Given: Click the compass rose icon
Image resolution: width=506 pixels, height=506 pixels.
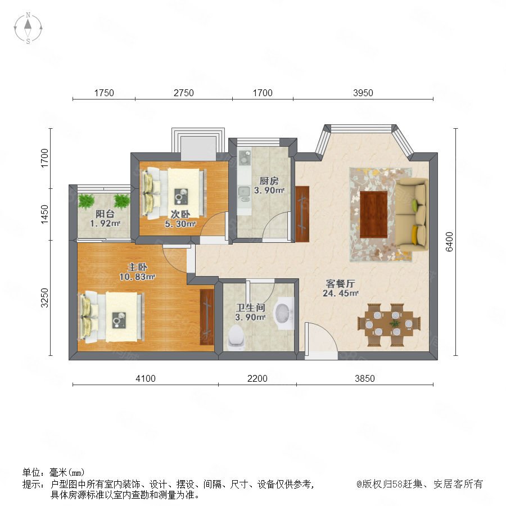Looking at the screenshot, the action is click(x=28, y=28).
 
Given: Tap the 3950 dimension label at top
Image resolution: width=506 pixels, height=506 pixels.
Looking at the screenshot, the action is click(x=363, y=93).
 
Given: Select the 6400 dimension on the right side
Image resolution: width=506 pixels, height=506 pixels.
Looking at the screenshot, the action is click(x=449, y=242).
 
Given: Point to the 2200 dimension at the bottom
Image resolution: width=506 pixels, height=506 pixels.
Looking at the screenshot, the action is click(x=257, y=378).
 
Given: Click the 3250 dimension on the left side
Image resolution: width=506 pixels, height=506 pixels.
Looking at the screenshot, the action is click(x=44, y=297).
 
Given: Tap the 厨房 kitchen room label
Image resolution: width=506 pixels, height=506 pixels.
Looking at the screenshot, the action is click(x=269, y=180).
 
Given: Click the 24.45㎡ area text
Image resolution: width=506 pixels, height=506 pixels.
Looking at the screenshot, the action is click(x=341, y=293).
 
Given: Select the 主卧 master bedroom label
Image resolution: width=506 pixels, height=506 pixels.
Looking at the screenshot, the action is click(x=138, y=267).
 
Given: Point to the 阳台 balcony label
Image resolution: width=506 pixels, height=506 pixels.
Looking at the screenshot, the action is click(x=105, y=214).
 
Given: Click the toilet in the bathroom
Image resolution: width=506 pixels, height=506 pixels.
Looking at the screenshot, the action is click(x=236, y=337).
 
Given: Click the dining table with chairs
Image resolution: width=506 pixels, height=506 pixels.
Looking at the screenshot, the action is click(x=389, y=324).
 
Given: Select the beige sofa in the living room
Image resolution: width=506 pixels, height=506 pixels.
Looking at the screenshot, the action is click(x=412, y=215).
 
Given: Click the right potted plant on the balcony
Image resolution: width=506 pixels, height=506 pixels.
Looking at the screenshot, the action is click(x=122, y=201).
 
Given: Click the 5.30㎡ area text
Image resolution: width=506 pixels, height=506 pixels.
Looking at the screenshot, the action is click(x=180, y=224).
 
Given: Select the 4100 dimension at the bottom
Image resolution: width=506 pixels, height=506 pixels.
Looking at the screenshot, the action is click(x=146, y=378).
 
